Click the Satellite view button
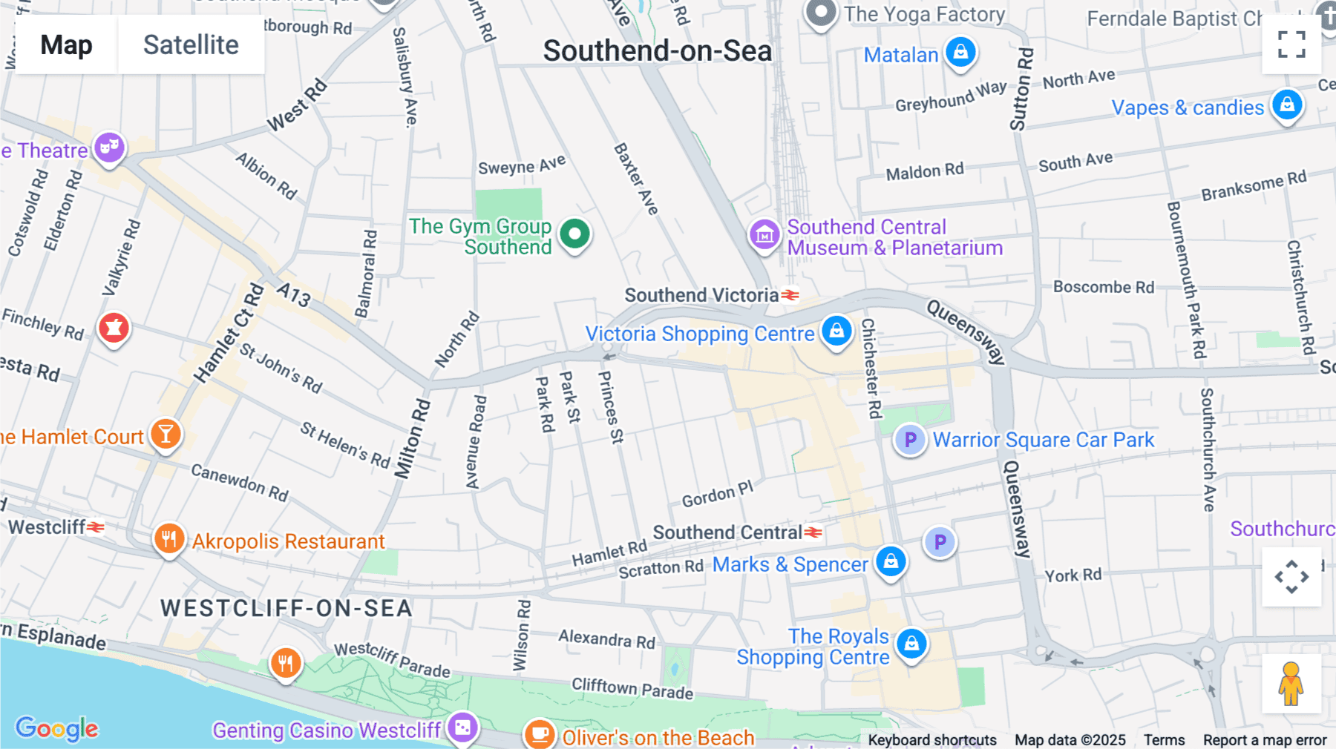point(191,45)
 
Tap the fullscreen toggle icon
point(1291,44)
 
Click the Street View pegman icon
point(1291,683)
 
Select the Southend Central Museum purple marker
point(764,235)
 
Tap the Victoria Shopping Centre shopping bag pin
point(836,331)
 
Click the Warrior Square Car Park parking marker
point(910,440)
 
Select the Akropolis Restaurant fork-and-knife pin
point(169,539)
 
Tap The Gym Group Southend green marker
point(574,234)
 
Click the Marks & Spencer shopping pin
point(891,561)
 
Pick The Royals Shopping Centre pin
point(911,644)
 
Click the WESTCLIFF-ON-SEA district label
point(286,609)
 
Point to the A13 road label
point(294,294)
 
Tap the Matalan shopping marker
point(960,53)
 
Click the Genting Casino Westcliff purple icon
point(462,727)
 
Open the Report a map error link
point(1264,739)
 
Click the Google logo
point(57,729)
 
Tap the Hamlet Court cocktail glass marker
point(166,434)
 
